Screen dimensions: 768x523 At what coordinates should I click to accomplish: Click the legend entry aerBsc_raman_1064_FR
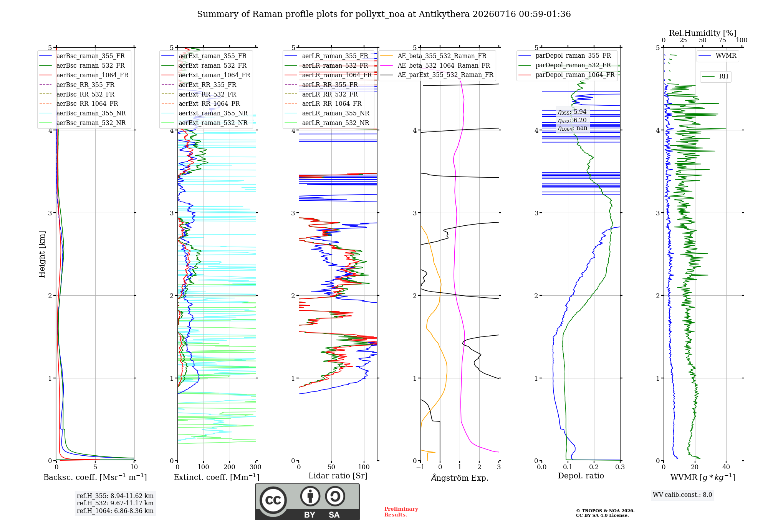(x=84, y=75)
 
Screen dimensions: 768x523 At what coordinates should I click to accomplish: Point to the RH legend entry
(x=715, y=77)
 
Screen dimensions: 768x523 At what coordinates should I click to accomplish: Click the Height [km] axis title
(x=42, y=254)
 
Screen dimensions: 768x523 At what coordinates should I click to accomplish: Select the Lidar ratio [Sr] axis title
(x=338, y=476)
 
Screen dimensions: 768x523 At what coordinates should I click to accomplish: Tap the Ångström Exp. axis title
(x=460, y=478)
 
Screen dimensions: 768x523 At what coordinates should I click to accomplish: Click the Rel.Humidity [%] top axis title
(x=703, y=33)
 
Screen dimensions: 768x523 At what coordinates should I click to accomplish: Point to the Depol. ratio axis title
(x=581, y=476)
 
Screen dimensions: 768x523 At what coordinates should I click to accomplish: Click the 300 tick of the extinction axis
(x=256, y=467)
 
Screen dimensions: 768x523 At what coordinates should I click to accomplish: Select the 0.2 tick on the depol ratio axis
(x=594, y=467)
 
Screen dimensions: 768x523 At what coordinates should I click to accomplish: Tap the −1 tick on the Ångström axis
(x=420, y=467)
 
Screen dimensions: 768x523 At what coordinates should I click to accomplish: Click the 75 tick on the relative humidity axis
(x=722, y=40)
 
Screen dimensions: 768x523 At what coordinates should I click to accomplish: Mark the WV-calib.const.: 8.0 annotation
(x=682, y=495)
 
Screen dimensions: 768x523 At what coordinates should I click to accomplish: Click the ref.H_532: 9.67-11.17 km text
(x=115, y=503)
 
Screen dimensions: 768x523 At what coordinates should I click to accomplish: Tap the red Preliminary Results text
(x=401, y=512)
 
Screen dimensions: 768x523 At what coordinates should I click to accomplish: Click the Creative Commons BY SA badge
(x=307, y=502)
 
